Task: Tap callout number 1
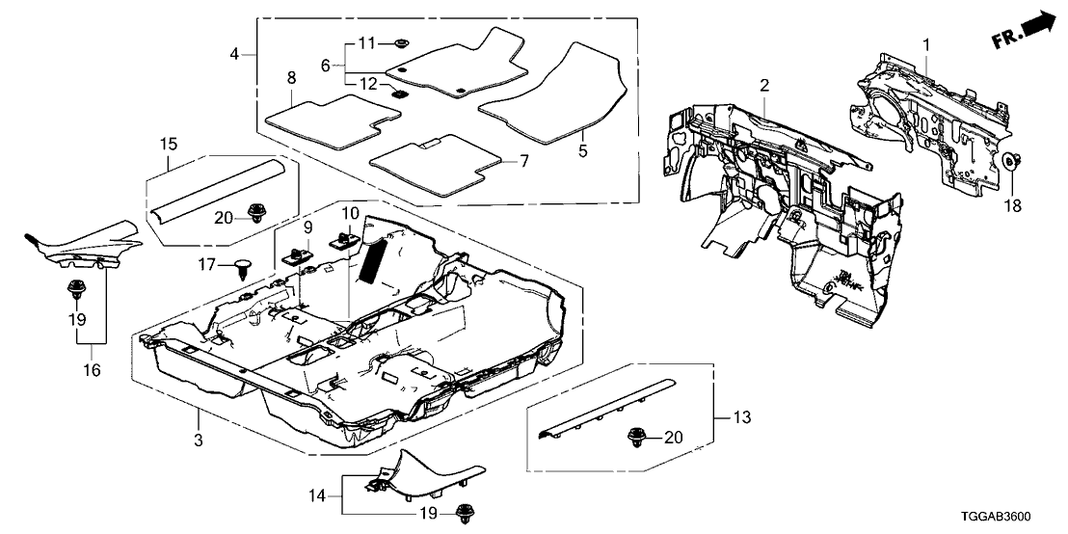coord(926,44)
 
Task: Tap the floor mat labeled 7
coord(435,164)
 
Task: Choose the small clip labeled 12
coord(398,93)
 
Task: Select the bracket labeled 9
coord(294,255)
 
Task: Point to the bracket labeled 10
coord(344,236)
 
